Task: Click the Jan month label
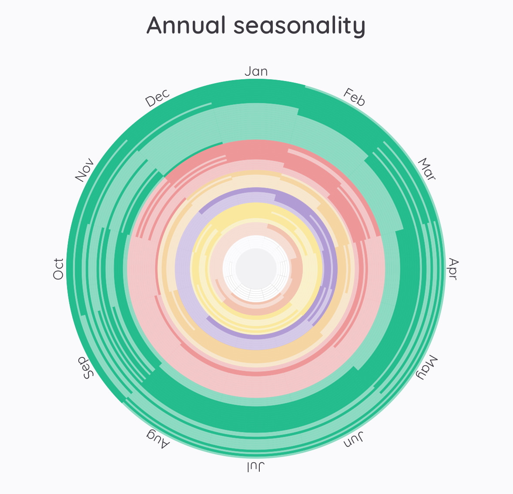pyautogui.click(x=256, y=71)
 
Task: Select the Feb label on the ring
pyautogui.click(x=354, y=97)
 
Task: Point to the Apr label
pyautogui.click(x=453, y=269)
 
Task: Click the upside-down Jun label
pyautogui.click(x=353, y=440)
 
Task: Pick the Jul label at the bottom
pyautogui.click(x=256, y=467)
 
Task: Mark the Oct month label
pyautogui.click(x=58, y=269)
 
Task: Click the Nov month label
pyautogui.click(x=84, y=170)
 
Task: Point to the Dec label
pyautogui.click(x=157, y=98)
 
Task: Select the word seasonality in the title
pyautogui.click(x=299, y=26)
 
